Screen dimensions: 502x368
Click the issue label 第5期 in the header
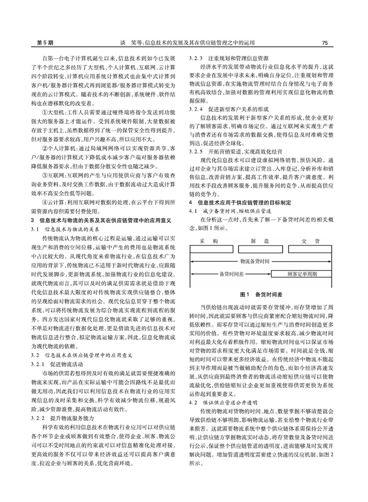(29, 42)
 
